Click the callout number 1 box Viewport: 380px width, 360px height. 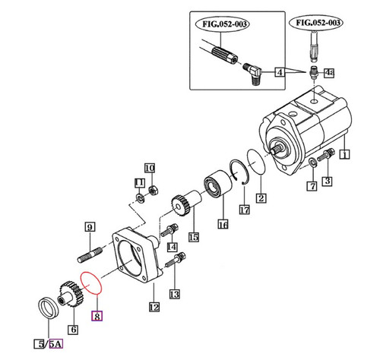tap(344, 155)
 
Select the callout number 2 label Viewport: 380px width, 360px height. tap(260, 199)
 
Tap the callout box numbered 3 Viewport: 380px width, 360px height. tap(328, 181)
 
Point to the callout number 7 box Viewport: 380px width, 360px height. tap(311, 186)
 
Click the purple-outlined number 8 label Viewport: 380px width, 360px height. tap(97, 314)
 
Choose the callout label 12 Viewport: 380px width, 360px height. tap(154, 308)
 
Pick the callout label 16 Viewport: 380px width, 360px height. tap(223, 224)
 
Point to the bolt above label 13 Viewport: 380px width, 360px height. tap(174, 259)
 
